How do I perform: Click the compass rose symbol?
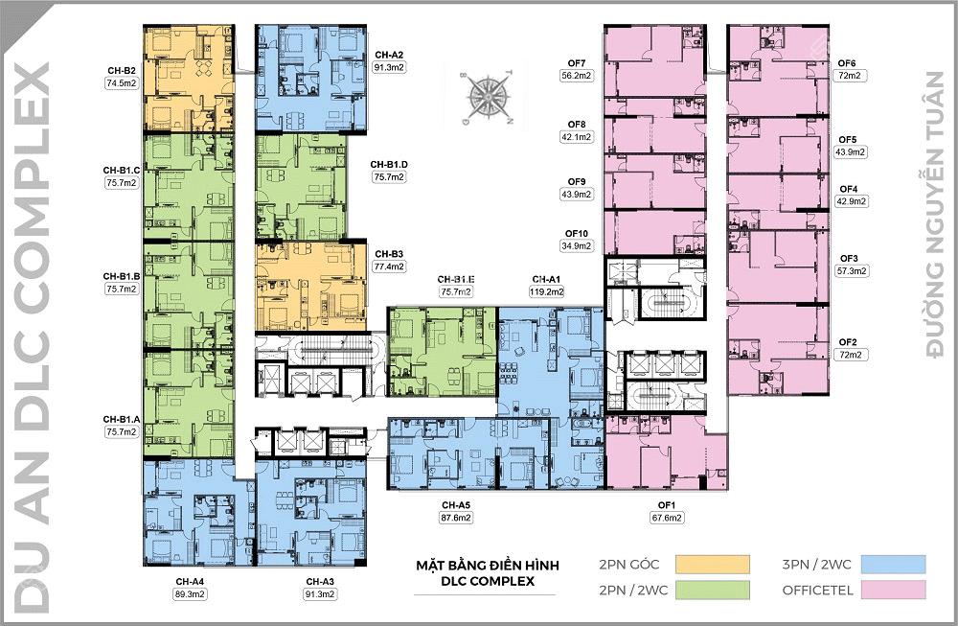[x=489, y=97]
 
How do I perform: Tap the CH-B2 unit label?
[x=121, y=70]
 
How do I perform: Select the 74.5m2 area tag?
[x=121, y=83]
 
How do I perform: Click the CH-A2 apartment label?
[x=390, y=55]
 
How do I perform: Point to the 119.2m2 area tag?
[x=546, y=291]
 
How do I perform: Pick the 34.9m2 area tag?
[x=577, y=246]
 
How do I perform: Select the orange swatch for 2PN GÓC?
[x=711, y=564]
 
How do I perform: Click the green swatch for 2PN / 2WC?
[x=711, y=590]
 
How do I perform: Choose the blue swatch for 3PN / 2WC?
[x=892, y=564]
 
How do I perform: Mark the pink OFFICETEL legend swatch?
[x=892, y=590]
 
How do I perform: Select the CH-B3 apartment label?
[x=390, y=254]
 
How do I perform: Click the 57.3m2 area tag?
[x=852, y=271]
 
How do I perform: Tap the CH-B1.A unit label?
[x=123, y=419]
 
